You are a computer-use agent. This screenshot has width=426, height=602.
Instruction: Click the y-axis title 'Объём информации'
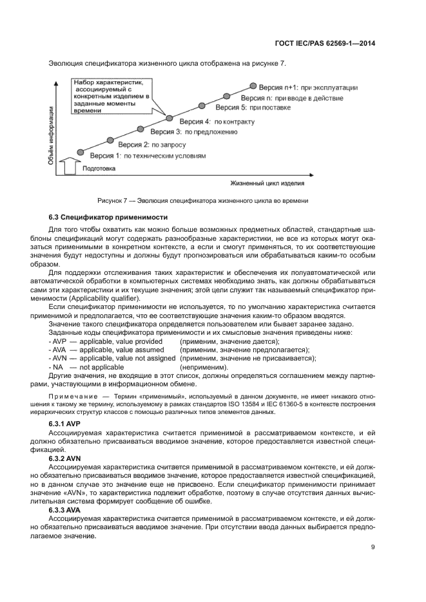51,136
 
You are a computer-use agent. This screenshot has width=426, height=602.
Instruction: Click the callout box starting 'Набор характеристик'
111,97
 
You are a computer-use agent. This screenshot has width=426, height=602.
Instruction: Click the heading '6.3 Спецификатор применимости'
108,218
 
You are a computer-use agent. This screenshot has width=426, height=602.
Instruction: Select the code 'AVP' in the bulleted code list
59,341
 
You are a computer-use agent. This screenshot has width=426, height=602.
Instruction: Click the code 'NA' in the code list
57,366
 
